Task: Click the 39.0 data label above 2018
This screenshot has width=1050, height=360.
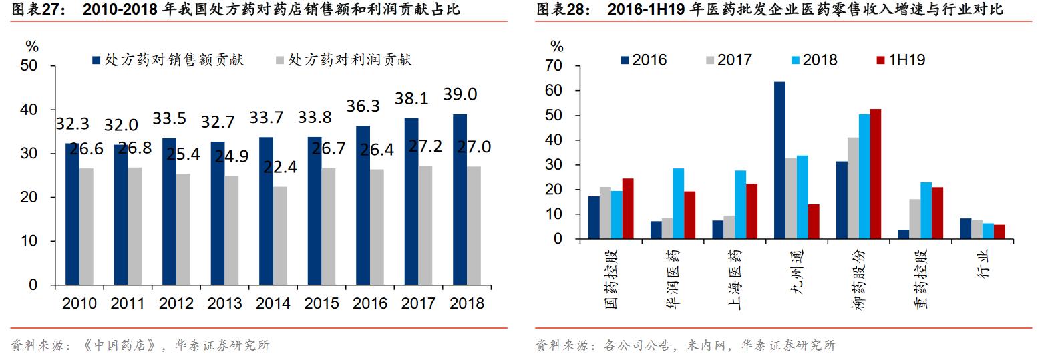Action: pos(460,95)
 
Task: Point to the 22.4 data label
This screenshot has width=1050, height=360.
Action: pos(280,167)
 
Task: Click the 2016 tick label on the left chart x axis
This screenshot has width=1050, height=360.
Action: pos(370,303)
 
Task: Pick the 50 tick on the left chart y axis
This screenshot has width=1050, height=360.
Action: pos(29,66)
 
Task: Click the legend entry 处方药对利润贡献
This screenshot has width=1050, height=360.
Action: pos(344,60)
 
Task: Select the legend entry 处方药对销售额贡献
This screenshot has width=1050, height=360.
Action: pos(168,60)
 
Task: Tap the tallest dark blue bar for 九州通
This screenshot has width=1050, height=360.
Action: pos(779,160)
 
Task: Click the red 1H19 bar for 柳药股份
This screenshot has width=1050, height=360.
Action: pos(876,174)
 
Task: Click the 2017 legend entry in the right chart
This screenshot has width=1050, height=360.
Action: pos(729,60)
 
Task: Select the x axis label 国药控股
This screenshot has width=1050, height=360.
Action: pos(612,279)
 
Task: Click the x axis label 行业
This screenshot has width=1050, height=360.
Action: pos(983,264)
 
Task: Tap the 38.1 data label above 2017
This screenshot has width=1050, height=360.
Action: pos(411,99)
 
